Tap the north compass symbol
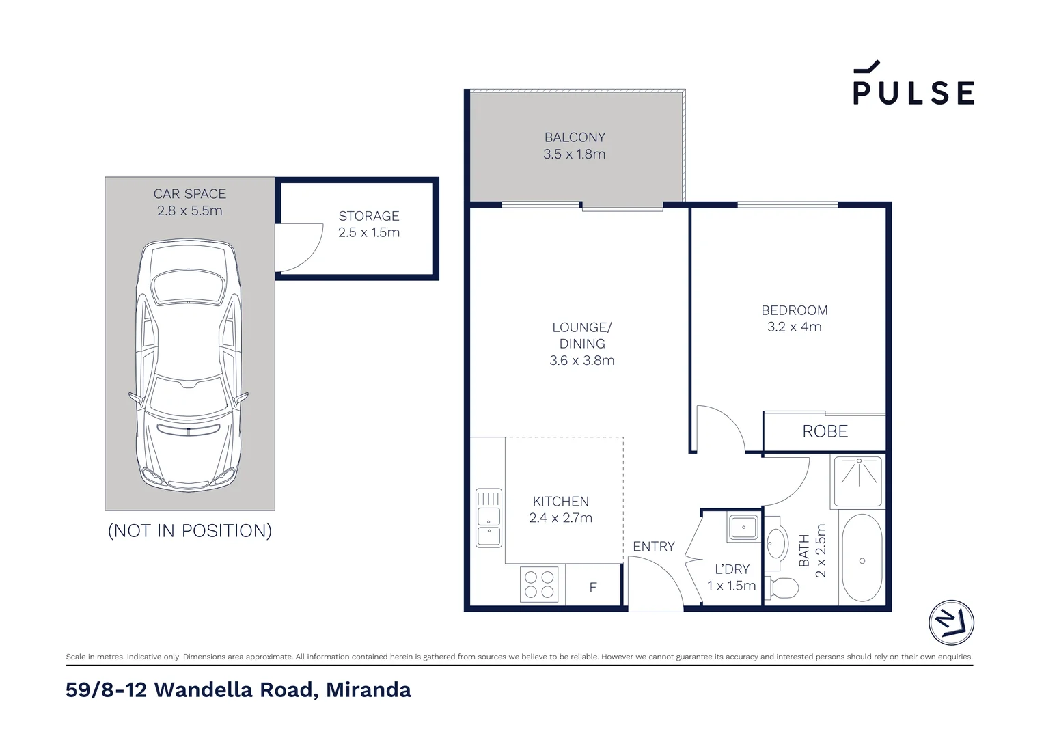click(951, 623)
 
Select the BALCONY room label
click(575, 137)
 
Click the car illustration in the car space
click(189, 366)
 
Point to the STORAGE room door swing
click(299, 247)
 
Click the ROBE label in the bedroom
click(825, 431)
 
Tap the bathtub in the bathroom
click(862, 558)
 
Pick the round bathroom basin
click(775, 546)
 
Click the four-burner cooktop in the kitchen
click(538, 585)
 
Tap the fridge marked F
click(593, 587)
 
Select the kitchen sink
click(489, 517)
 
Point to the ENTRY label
click(653, 546)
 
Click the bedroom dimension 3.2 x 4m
click(794, 327)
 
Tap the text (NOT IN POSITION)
click(190, 530)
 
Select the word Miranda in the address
click(368, 690)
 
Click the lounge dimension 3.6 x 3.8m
click(582, 360)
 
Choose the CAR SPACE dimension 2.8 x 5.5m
click(189, 210)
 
